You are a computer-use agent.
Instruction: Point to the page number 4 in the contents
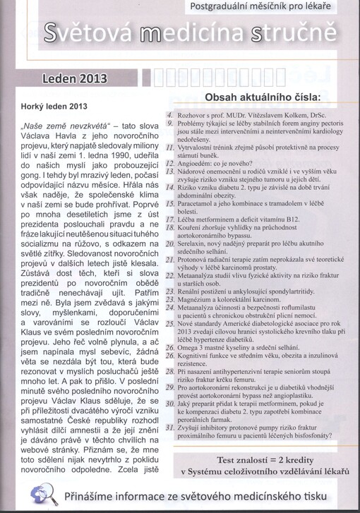(x=170, y=114)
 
